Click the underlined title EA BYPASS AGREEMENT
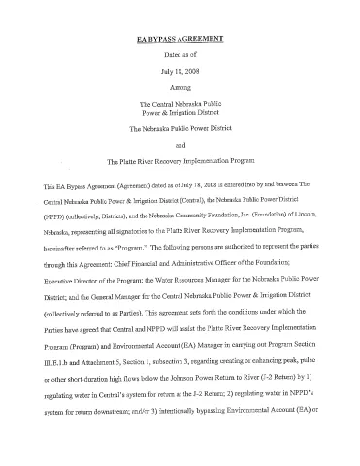[181, 40]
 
